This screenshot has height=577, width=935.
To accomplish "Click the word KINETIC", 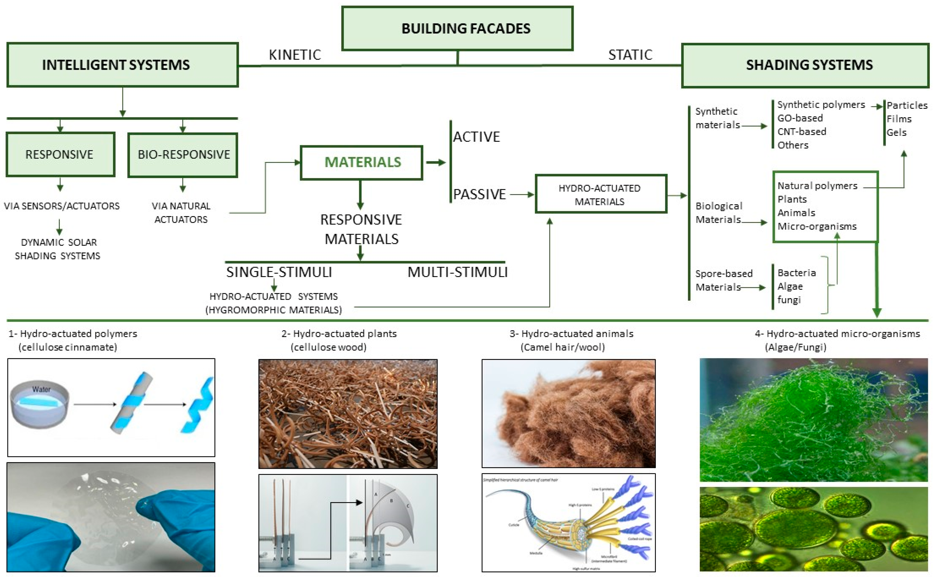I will (295, 55).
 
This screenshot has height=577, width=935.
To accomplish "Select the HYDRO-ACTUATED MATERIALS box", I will (601, 194).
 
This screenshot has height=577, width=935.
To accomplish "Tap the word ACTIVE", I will (476, 137).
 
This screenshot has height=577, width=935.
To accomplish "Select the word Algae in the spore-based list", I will (790, 287).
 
